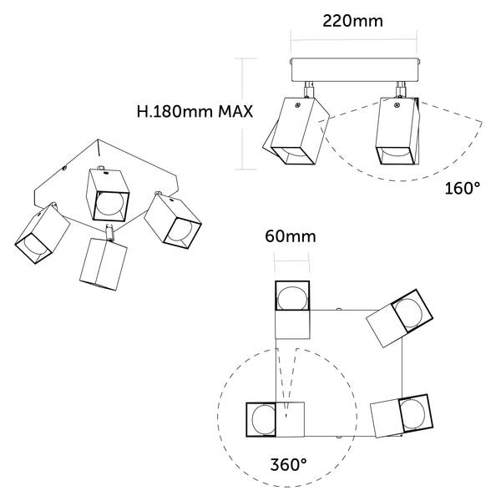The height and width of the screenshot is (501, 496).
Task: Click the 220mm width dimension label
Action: [352, 21]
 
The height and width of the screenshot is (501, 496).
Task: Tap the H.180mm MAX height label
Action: [195, 112]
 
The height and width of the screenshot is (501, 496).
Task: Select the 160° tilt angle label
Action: [463, 188]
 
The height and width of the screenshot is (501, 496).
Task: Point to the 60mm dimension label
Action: [291, 237]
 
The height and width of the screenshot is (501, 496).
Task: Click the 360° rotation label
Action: [288, 464]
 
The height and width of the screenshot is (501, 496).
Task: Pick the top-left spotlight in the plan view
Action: [292, 309]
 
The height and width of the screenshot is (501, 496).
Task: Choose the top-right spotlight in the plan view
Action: [399, 318]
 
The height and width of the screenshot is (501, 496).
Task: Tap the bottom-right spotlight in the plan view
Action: [402, 416]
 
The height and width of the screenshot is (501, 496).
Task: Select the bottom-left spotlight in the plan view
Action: [276, 419]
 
